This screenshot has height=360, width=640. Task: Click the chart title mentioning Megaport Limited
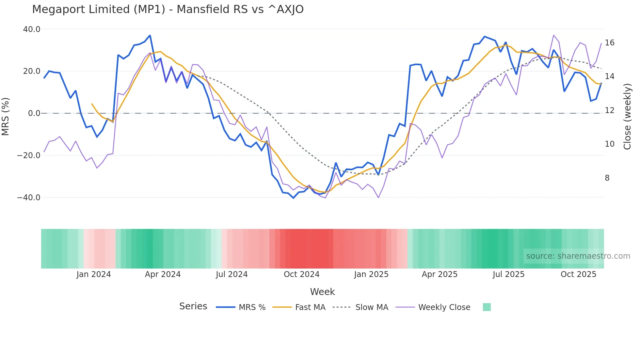click(x=168, y=9)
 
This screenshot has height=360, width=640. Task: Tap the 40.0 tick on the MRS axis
click(x=32, y=29)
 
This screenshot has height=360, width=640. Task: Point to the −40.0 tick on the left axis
click(x=29, y=198)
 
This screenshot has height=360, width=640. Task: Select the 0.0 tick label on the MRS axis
click(x=34, y=113)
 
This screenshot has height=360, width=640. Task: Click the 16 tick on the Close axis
click(x=609, y=43)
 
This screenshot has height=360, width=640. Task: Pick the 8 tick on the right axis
click(x=607, y=178)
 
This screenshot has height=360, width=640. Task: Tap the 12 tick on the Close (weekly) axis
click(x=609, y=110)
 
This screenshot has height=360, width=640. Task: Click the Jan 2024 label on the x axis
click(x=94, y=274)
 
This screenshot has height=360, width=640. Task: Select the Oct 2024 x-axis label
click(x=301, y=274)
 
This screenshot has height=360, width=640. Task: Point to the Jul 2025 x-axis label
click(x=508, y=274)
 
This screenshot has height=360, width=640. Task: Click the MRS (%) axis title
click(x=6, y=117)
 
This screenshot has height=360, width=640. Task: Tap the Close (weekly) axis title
click(x=627, y=117)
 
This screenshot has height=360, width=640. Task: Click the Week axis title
click(x=322, y=292)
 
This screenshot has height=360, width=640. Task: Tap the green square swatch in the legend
click(x=487, y=307)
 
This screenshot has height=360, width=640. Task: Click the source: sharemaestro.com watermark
click(x=578, y=256)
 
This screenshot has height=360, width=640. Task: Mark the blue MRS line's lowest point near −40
click(x=293, y=198)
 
